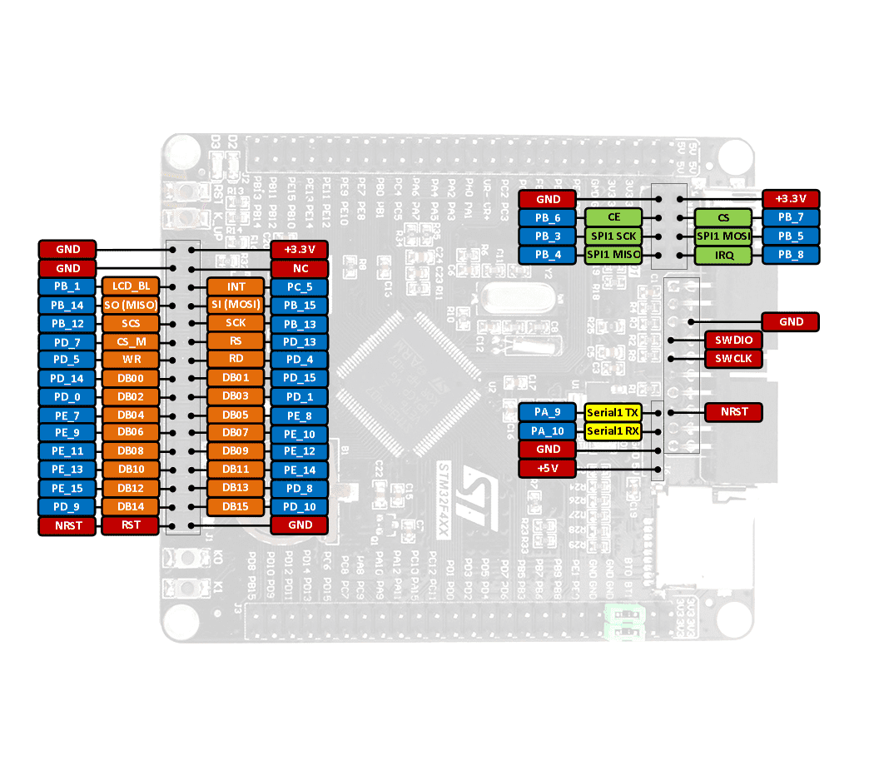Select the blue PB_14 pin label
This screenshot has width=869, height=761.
67,305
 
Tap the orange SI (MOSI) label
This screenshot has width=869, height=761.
236,305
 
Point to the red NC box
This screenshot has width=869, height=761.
300,268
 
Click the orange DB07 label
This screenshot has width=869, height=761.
236,433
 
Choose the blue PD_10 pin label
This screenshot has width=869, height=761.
300,506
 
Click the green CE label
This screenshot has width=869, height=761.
613,217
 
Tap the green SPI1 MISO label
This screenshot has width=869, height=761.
613,254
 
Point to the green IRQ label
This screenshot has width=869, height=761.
723,254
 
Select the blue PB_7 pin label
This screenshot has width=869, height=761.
791,217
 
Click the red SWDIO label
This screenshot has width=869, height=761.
733,340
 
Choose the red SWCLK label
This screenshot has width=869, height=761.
733,359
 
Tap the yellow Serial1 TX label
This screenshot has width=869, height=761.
613,412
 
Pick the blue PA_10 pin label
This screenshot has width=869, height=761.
547,430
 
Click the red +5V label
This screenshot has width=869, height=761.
547,468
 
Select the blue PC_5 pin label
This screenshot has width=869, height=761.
300,286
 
